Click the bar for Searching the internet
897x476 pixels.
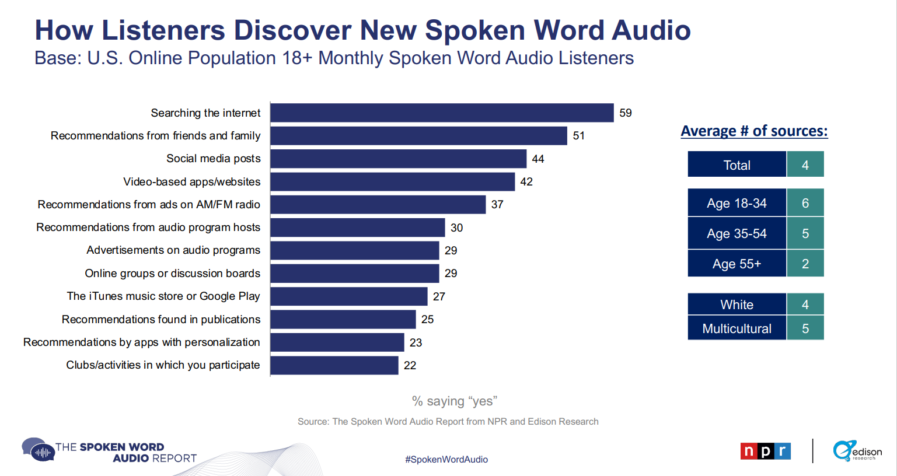pos(442,113)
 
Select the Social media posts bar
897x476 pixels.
pos(398,159)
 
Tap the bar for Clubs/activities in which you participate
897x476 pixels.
pos(334,365)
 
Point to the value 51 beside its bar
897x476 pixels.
pos(578,136)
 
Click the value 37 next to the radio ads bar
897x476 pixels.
pos(497,205)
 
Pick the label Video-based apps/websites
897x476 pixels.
pos(191,182)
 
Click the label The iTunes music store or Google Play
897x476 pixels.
pos(163,296)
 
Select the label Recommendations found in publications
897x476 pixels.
pos(160,320)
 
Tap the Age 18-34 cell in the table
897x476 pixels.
pos(737,203)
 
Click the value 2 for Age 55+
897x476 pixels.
pos(805,264)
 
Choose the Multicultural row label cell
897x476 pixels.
pos(737,328)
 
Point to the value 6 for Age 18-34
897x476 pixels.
pos(805,203)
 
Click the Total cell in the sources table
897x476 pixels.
pos(737,165)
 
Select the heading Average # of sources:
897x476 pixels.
pos(754,131)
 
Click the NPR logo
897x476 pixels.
pos(765,451)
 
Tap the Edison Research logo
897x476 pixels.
pos(857,451)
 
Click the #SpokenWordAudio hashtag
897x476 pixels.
pos(446,460)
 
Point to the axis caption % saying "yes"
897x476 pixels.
pos(454,401)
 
